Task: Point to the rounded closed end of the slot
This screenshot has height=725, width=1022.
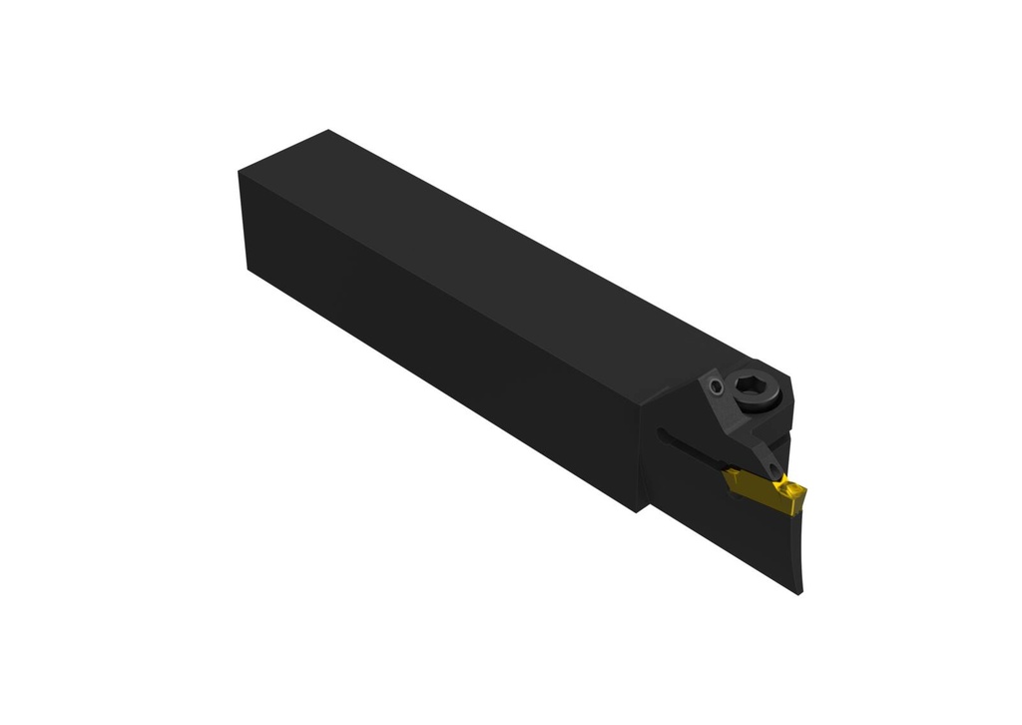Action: point(661,433)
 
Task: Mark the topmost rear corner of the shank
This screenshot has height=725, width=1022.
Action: point(328,130)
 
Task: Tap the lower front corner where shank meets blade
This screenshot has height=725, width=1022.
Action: point(637,510)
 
